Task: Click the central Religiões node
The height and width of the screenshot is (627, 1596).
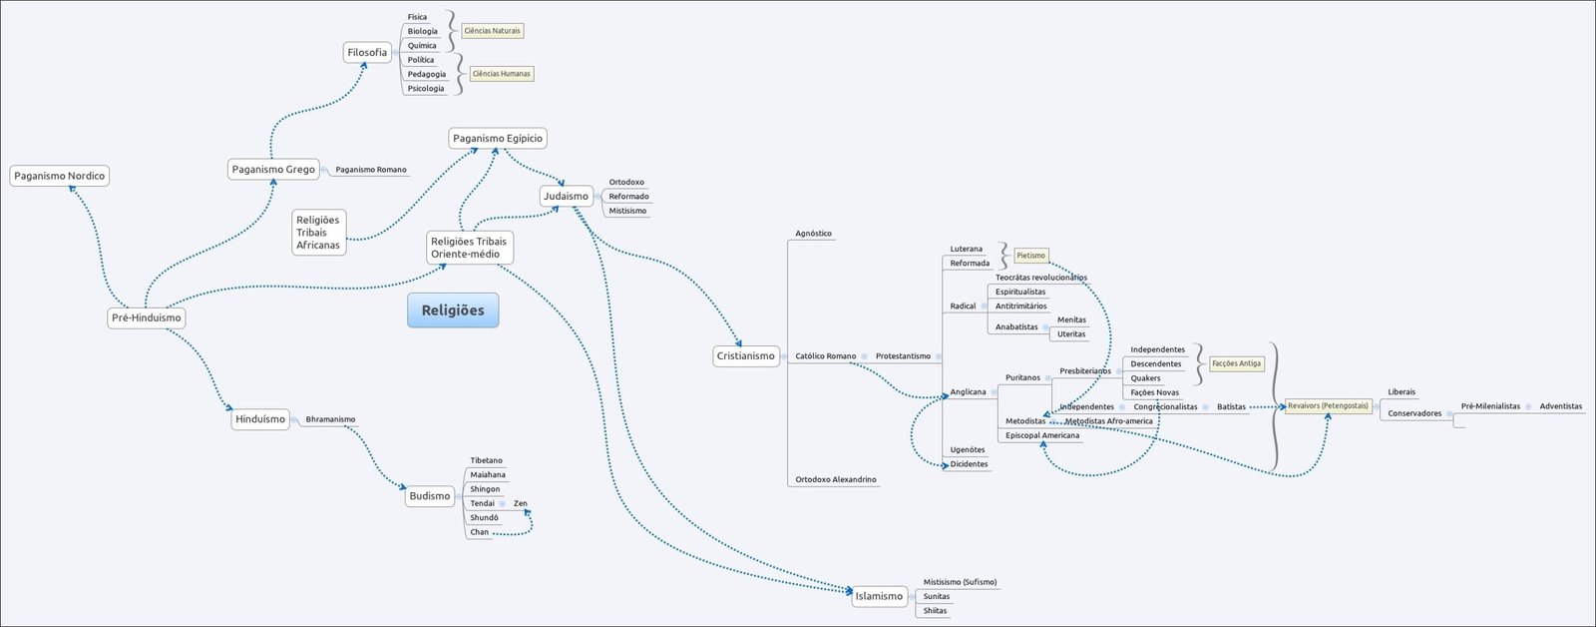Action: pyautogui.click(x=453, y=311)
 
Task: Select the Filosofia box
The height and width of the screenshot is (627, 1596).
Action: pyautogui.click(x=367, y=53)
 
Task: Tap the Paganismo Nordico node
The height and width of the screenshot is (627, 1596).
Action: pyautogui.click(x=59, y=176)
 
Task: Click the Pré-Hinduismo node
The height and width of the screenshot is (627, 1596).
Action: pyautogui.click(x=147, y=318)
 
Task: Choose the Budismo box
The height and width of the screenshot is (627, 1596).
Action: pyautogui.click(x=430, y=496)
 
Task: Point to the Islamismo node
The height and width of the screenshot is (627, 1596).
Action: pyautogui.click(x=879, y=597)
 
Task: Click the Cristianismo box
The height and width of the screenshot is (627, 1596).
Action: pyautogui.click(x=745, y=356)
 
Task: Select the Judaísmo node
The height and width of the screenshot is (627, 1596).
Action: pyautogui.click(x=566, y=197)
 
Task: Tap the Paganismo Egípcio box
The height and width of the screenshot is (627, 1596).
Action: pyautogui.click(x=498, y=139)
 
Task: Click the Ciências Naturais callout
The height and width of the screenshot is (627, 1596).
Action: pyautogui.click(x=492, y=31)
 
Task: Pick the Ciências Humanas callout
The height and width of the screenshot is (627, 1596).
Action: pyautogui.click(x=501, y=74)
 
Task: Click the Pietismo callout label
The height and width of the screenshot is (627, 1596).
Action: pyautogui.click(x=1030, y=256)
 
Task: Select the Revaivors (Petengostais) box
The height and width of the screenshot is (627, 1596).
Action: pyautogui.click(x=1328, y=406)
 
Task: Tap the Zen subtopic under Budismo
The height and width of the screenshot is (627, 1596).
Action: pyautogui.click(x=521, y=504)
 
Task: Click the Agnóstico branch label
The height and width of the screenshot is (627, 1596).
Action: pyautogui.click(x=813, y=234)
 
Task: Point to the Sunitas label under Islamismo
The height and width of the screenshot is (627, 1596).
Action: pyautogui.click(x=936, y=597)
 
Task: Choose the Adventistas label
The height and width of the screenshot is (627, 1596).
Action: pyautogui.click(x=1560, y=406)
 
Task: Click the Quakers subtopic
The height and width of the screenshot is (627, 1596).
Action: pyautogui.click(x=1145, y=378)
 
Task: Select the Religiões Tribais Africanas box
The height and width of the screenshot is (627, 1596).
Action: pyautogui.click(x=318, y=233)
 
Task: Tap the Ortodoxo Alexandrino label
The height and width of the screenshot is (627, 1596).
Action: pyautogui.click(x=835, y=480)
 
